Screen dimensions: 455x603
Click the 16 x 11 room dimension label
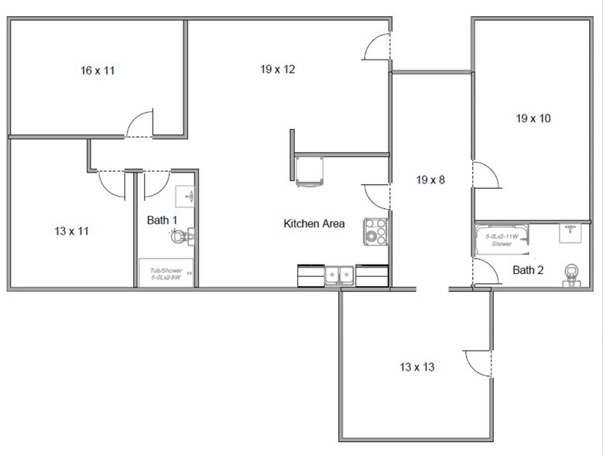98,70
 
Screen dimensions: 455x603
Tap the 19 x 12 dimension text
277,70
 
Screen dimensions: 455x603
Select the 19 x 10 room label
533,119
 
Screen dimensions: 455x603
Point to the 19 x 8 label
432,180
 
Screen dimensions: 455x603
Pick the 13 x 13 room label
416,367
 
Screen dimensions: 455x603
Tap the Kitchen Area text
314,224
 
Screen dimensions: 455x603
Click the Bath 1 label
162,221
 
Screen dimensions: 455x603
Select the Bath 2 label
528,270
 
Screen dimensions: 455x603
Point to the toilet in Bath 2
572,274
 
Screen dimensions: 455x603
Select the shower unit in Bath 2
502,239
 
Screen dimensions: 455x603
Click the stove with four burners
375,230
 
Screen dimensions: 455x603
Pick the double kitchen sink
339,274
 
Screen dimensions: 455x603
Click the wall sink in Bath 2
572,229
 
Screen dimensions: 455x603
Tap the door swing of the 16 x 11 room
139,125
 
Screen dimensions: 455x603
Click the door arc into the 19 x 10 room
485,176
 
